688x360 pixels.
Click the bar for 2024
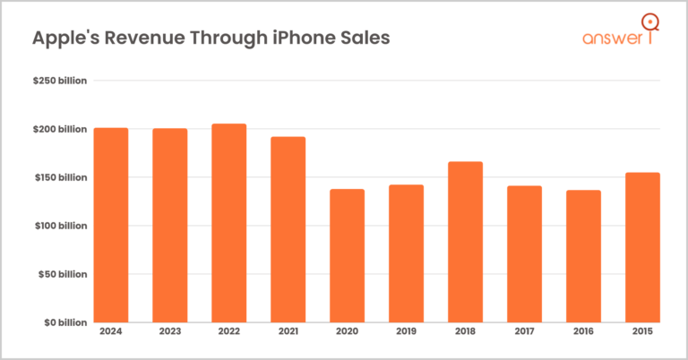point(110,225)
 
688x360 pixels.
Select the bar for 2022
point(228,223)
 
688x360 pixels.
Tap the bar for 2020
point(347,255)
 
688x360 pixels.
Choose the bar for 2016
point(583,256)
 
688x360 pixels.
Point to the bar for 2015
point(642,247)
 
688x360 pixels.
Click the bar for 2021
point(288,229)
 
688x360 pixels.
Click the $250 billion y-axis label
point(60,81)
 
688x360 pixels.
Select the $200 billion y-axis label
point(60,130)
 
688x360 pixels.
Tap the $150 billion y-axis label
point(60,177)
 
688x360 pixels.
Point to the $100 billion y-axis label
point(60,226)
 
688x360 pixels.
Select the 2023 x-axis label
point(169,333)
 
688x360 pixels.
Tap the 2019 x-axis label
point(406,333)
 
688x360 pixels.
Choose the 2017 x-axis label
point(524,333)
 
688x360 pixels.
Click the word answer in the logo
point(610,39)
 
